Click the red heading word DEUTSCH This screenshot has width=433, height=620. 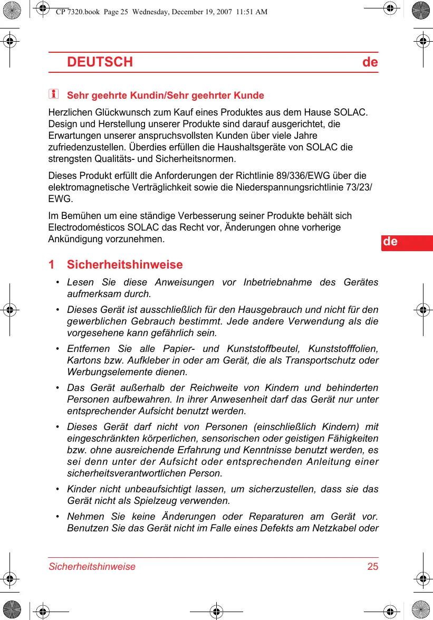click(x=100, y=62)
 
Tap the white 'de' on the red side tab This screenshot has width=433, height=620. click(x=390, y=242)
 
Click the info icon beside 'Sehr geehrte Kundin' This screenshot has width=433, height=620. click(x=53, y=95)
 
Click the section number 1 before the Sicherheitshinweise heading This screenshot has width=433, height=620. click(x=51, y=264)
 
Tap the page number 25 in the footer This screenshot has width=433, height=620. click(x=372, y=567)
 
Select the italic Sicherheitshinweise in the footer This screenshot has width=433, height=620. click(x=92, y=567)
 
